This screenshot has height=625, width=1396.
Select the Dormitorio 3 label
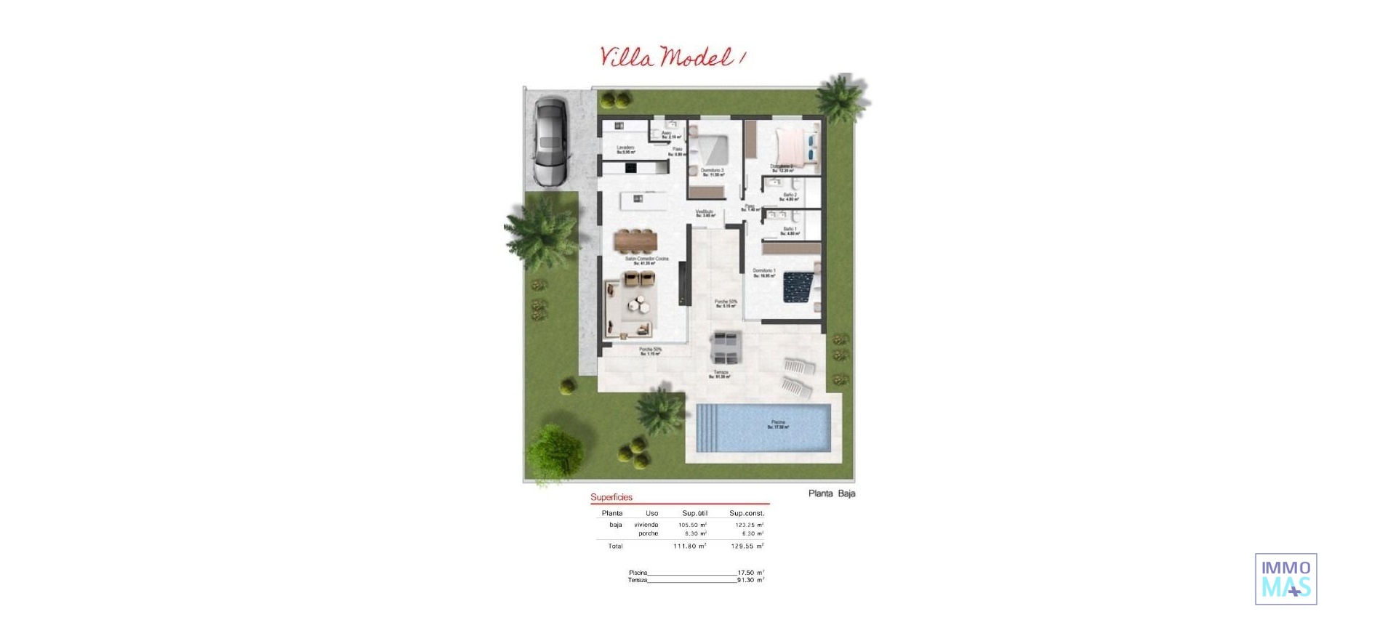pyautogui.click(x=713, y=172)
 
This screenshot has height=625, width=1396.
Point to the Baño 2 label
pyautogui.click(x=790, y=196)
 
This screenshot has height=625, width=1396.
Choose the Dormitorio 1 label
pyautogui.click(x=764, y=273)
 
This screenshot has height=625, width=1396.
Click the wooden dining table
pyautogui.click(x=636, y=239)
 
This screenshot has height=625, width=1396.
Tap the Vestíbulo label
pyautogui.click(x=705, y=213)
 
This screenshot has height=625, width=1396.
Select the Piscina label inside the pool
pyautogui.click(x=778, y=424)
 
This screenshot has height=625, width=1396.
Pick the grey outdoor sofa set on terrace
pyautogui.click(x=726, y=347)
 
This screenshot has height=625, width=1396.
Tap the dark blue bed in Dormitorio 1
pyautogui.click(x=799, y=286)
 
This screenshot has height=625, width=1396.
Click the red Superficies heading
pyautogui.click(x=611, y=497)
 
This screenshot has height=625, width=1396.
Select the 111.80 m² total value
pyautogui.click(x=689, y=546)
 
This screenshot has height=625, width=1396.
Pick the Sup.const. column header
pyautogui.click(x=747, y=513)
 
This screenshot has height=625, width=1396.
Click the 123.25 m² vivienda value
pyautogui.click(x=749, y=525)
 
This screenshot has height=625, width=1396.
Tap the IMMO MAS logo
pyautogui.click(x=1285, y=579)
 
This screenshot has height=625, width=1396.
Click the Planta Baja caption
pyautogui.click(x=832, y=493)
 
